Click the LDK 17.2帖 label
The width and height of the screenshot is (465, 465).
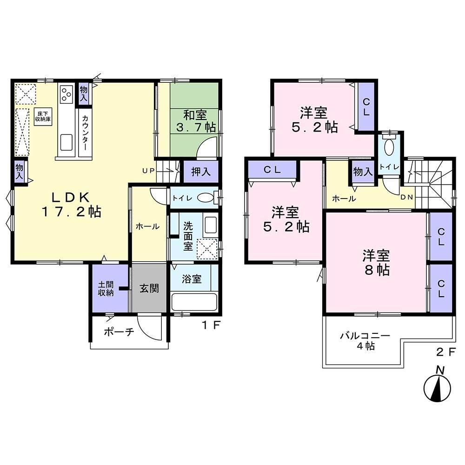71,205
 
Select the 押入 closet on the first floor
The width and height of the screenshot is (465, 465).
201,172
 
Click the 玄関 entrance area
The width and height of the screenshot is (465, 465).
149,288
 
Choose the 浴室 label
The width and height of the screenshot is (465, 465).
192,279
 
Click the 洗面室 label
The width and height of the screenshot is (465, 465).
188,236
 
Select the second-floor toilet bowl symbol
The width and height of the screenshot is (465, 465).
388,147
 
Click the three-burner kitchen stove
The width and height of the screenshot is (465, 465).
66,94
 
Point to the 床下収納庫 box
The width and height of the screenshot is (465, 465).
43,117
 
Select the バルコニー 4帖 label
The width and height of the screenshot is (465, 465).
365,341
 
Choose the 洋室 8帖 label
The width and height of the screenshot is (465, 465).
376,263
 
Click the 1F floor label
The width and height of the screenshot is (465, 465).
212,325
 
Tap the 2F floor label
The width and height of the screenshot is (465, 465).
446,352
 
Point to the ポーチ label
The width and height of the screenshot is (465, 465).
119,332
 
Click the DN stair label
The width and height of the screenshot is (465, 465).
407,197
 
